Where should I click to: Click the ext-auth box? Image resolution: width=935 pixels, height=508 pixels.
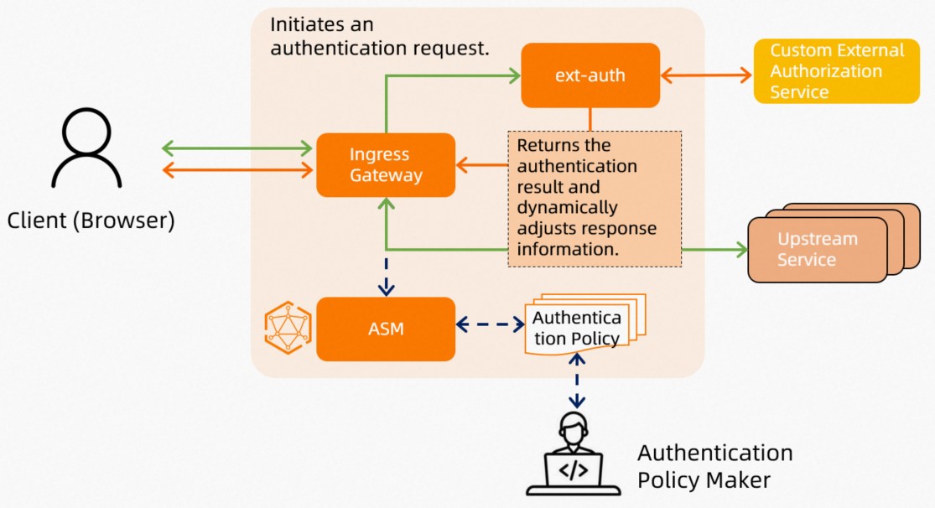point(590,75)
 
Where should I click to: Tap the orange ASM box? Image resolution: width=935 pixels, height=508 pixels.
point(386,329)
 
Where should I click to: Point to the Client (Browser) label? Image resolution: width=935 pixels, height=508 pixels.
point(91,221)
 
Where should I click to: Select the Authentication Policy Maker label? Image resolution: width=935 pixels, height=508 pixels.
point(714,467)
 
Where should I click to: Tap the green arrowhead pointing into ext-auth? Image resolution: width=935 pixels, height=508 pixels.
point(513,75)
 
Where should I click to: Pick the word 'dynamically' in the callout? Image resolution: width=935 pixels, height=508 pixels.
point(567,207)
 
